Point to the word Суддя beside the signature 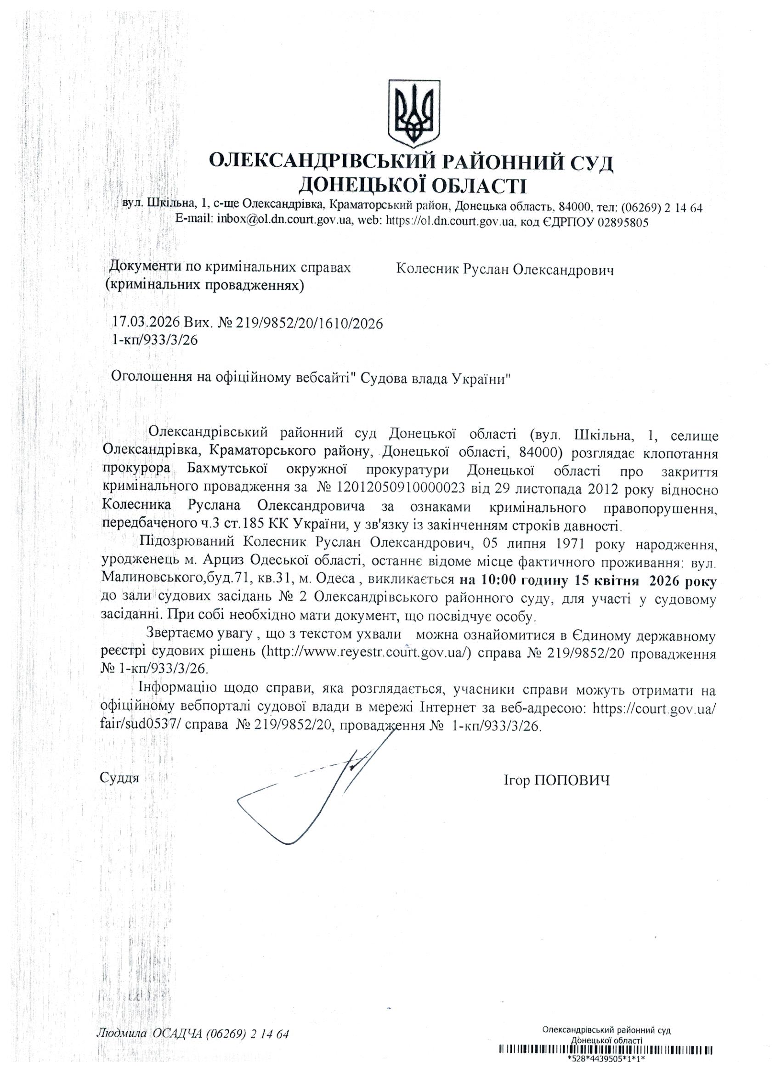pyautogui.click(x=119, y=778)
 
